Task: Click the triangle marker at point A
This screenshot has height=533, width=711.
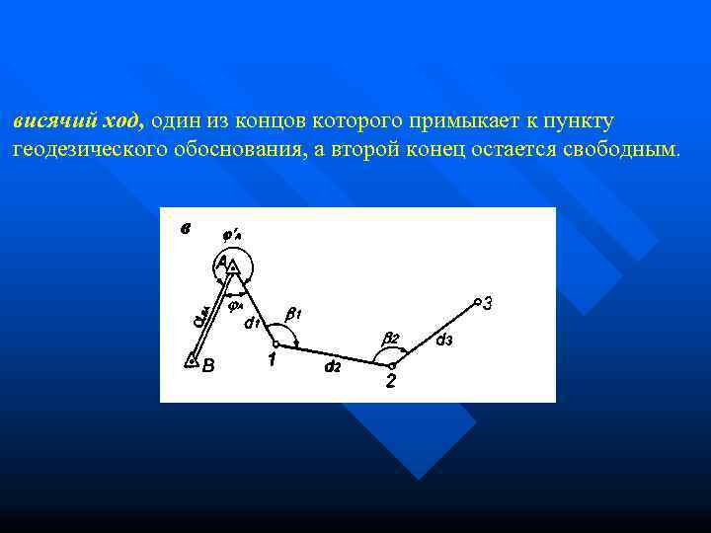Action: click(x=233, y=265)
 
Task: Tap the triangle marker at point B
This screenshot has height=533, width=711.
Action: click(x=192, y=360)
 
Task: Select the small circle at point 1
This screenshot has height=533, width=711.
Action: click(x=276, y=343)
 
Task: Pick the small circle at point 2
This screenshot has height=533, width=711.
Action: click(x=391, y=365)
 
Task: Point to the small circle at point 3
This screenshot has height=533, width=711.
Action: click(x=476, y=301)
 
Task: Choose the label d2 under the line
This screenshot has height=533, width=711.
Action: click(x=333, y=367)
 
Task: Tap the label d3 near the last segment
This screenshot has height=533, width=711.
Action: click(x=444, y=341)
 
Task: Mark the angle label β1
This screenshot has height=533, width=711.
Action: click(x=293, y=313)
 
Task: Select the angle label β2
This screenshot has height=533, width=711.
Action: click(x=391, y=338)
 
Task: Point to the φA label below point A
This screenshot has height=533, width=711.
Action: click(x=236, y=306)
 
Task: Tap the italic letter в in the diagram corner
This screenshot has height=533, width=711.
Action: click(x=185, y=230)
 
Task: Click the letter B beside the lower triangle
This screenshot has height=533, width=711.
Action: click(x=207, y=366)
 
